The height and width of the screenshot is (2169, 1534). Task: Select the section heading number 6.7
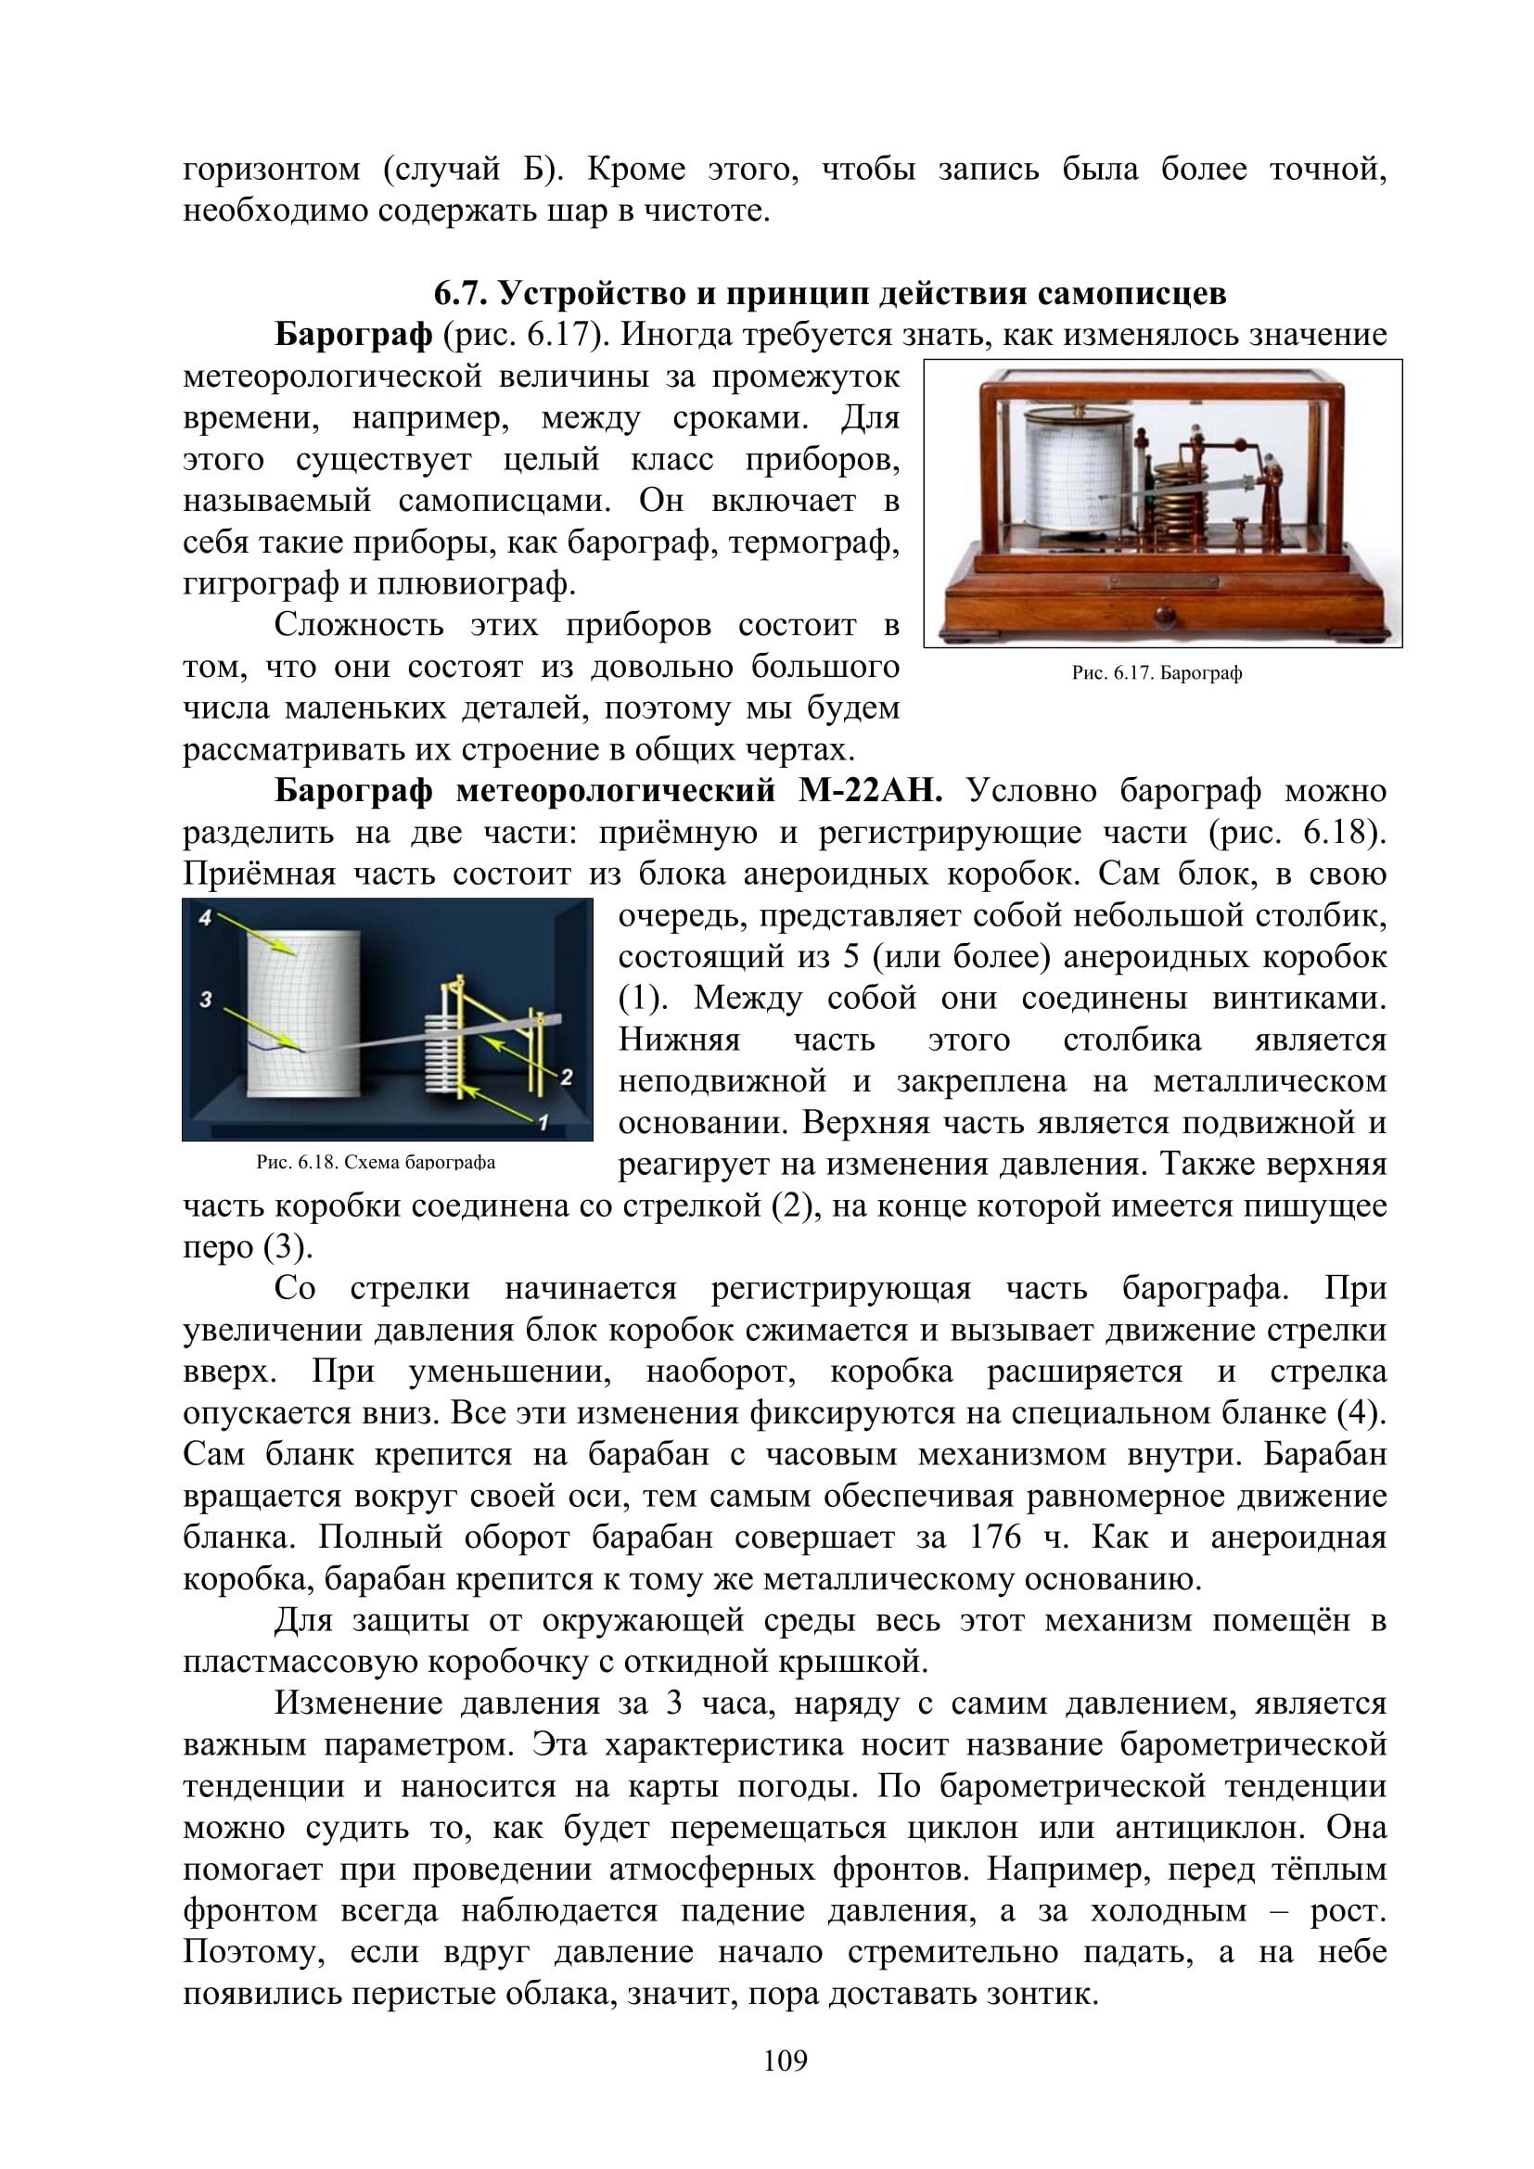tap(460, 294)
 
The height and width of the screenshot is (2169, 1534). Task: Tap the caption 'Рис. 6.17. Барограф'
tap(1157, 673)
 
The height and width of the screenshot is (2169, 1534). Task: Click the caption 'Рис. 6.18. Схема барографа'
tap(376, 1162)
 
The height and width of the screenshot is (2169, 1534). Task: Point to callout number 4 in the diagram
tap(204, 915)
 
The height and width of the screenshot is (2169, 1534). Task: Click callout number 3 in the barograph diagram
tap(205, 999)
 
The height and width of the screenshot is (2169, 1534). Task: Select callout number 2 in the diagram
tap(566, 1077)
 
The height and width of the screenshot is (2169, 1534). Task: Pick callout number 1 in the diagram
tap(543, 1122)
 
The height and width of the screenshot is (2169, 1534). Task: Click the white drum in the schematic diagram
tap(303, 1011)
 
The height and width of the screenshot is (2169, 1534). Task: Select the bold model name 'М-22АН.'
tap(870, 791)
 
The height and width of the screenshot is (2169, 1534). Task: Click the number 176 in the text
tap(994, 1537)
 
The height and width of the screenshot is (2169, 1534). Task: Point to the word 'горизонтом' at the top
tap(272, 170)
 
